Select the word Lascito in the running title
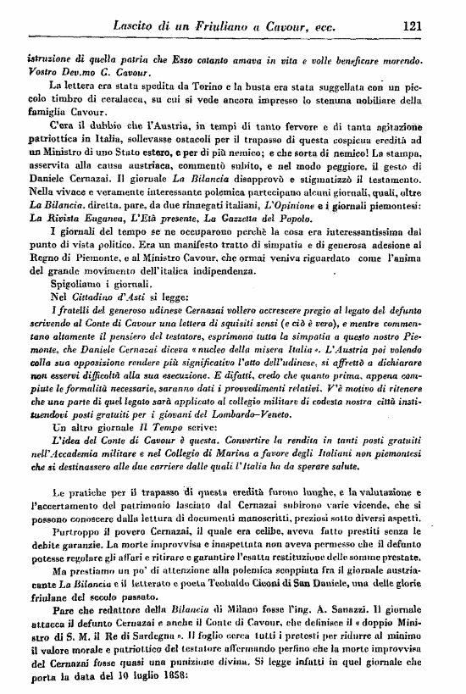[137, 27]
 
